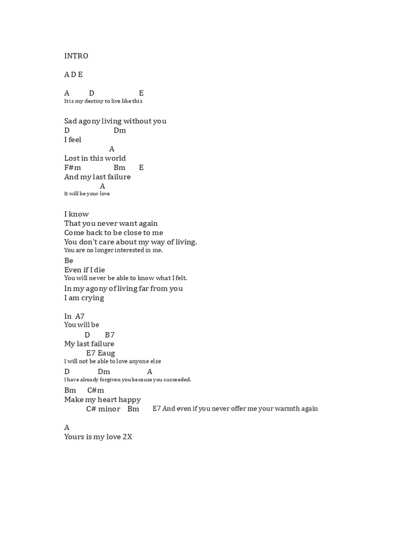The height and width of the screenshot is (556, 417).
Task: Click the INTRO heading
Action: click(76, 56)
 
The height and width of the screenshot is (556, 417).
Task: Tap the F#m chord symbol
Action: click(72, 168)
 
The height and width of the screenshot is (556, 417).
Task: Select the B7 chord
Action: click(110, 335)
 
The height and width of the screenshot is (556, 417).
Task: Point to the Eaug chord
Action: click(106, 353)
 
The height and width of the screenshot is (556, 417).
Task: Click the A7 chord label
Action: click(80, 317)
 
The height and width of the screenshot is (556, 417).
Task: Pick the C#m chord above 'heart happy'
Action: click(96, 390)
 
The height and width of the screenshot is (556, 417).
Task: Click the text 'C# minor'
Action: click(103, 409)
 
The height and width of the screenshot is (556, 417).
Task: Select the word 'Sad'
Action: click(71, 121)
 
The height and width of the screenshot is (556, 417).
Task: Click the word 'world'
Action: click(116, 159)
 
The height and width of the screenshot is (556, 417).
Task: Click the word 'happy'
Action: click(129, 400)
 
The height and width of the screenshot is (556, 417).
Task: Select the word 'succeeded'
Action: click(176, 380)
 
